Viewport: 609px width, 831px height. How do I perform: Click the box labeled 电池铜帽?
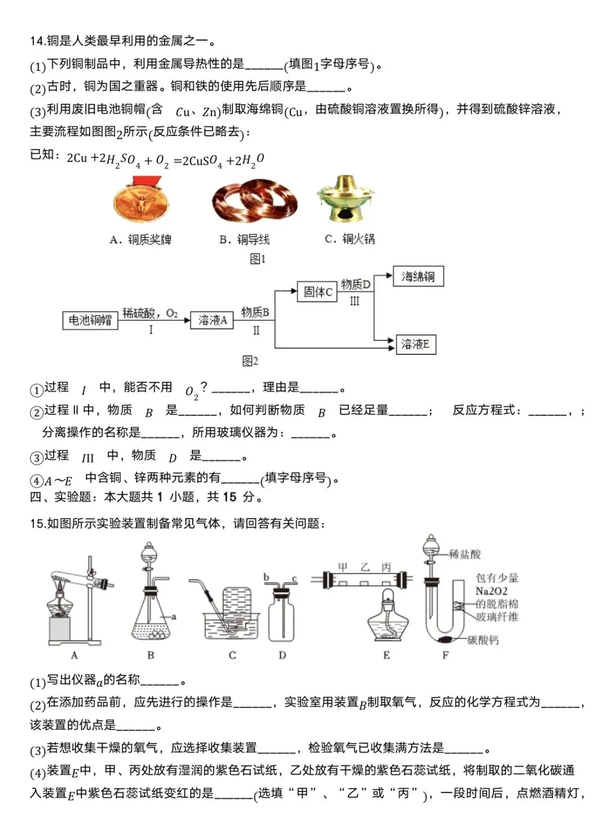pos(90,320)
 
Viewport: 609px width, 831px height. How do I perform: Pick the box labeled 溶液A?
pos(211,320)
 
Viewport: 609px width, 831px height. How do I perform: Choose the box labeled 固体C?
pos(317,291)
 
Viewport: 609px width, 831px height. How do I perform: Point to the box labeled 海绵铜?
pos(418,276)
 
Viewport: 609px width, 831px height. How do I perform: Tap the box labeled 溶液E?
pos(415,344)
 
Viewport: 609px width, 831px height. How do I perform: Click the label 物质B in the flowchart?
pos(255,312)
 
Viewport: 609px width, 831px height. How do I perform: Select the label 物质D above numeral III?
pos(356,285)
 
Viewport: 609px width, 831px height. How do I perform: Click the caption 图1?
pos(257,259)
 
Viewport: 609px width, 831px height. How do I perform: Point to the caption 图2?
pos(250,361)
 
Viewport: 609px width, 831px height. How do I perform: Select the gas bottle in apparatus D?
pos(282,617)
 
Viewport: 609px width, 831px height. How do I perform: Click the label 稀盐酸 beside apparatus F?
pos(465,554)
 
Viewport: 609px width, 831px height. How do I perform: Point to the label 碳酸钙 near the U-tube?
pos(483,640)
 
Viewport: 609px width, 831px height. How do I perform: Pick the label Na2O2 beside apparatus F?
pos(491,591)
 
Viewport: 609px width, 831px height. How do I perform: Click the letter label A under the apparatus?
pos(74,655)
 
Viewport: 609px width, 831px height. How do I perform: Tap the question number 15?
pos(37,524)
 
